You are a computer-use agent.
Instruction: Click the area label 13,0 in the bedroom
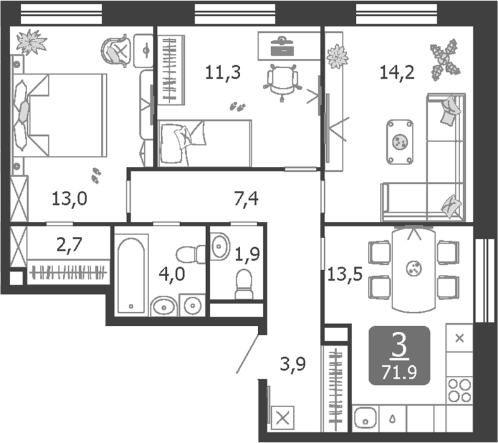coord(69,200)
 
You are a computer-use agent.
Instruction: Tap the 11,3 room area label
coord(222,72)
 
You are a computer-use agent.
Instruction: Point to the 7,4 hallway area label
coord(246,201)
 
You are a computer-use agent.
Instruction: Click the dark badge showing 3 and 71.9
coord(399,356)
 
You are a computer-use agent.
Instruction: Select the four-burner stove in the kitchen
coord(459,389)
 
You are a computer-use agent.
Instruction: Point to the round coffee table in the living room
coord(399,139)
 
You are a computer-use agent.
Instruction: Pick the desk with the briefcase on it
coord(288,46)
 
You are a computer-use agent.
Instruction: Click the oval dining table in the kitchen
coord(414,269)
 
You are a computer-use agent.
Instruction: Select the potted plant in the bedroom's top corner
coord(31,42)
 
